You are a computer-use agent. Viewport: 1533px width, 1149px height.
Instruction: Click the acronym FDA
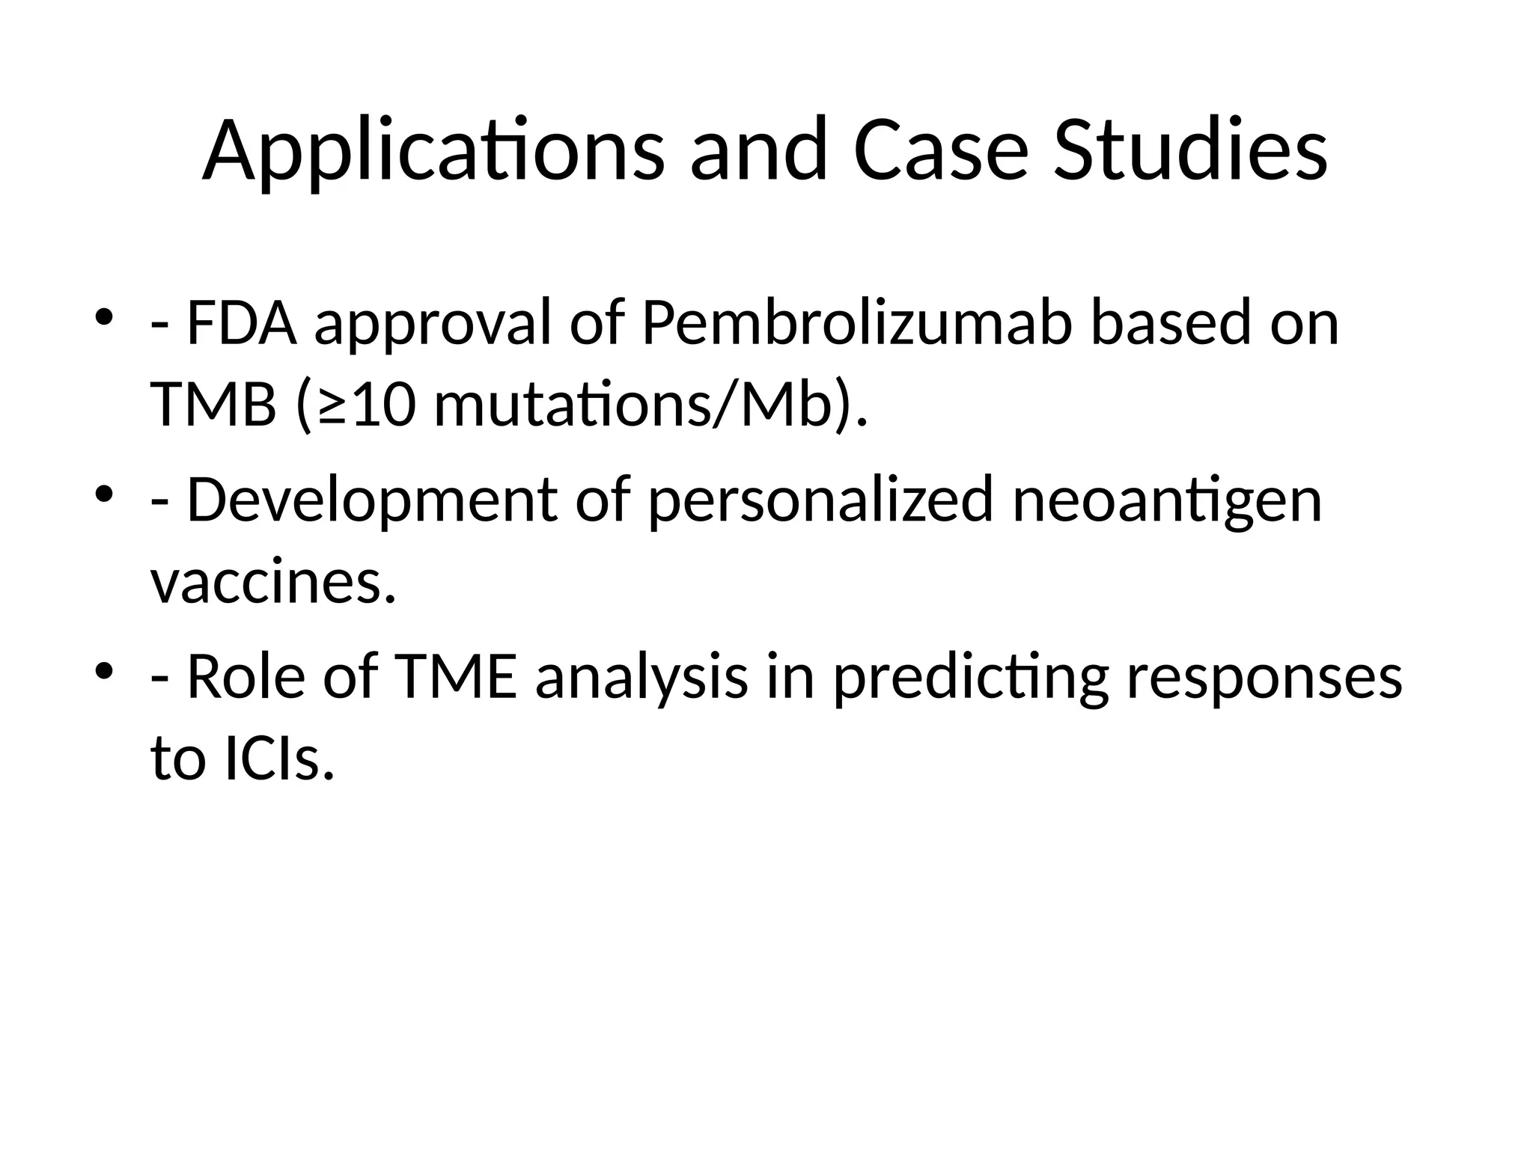241,323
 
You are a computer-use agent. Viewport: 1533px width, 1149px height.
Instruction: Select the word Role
246,678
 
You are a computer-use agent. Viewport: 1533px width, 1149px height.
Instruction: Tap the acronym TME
455,678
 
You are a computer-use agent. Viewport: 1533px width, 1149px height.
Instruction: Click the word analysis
641,678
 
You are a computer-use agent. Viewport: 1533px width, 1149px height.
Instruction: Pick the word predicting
970,678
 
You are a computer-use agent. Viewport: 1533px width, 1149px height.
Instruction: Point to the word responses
1264,678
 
